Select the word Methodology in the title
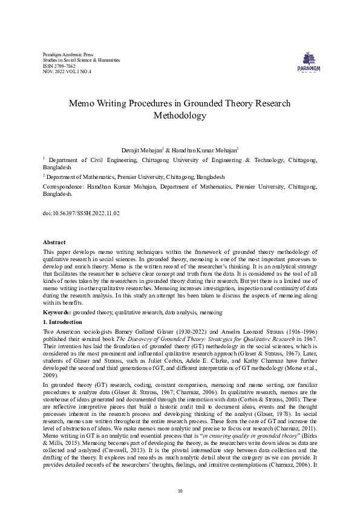click(x=180, y=115)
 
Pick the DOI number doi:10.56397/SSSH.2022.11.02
click(x=82, y=213)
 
